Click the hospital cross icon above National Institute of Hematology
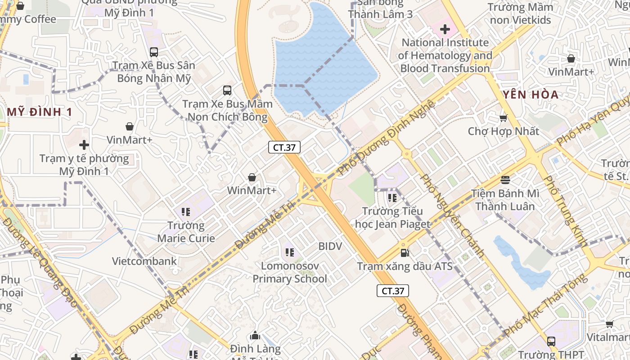coord(445,30)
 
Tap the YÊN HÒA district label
coord(531,94)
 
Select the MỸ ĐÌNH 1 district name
coord(40,112)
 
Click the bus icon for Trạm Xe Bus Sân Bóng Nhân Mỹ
coord(154,52)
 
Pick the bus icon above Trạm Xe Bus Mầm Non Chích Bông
coord(227,90)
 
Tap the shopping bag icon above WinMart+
coord(252,177)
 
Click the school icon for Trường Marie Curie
coord(186,211)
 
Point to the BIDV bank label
coord(330,246)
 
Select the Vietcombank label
coord(144,261)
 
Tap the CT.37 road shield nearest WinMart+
coord(284,147)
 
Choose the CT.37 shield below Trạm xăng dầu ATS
coord(392,291)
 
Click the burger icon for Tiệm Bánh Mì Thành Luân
coord(505,180)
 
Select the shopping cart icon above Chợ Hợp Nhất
coord(503,118)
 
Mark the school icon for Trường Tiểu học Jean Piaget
coord(392,198)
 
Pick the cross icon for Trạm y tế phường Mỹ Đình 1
coord(84,145)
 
